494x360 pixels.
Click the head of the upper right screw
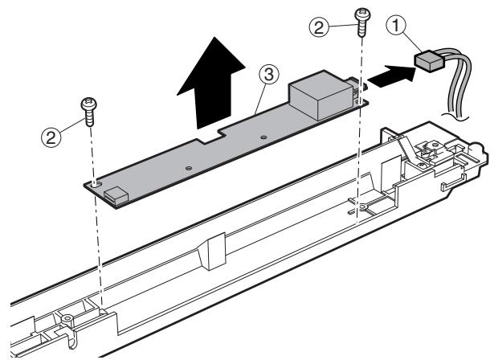[x=359, y=14]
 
